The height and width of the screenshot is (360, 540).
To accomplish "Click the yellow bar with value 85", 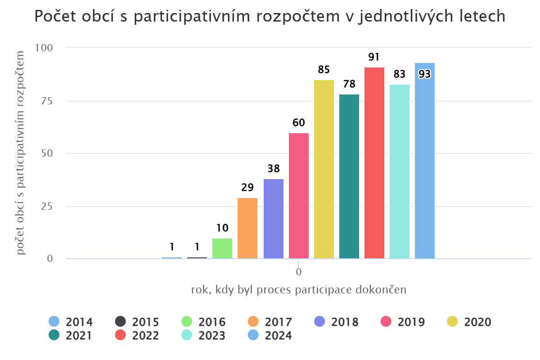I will [x=324, y=169].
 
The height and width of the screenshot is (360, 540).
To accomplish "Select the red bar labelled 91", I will [x=374, y=163].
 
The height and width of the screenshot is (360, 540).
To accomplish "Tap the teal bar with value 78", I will [x=349, y=176].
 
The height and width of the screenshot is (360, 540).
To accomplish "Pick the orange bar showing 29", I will [x=247, y=228].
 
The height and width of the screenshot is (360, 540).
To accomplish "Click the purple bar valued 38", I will [x=274, y=219].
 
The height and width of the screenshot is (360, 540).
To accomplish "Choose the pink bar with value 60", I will [x=299, y=196].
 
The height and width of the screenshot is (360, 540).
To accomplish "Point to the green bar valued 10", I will [x=222, y=248].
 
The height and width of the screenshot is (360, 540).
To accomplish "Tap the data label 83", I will [x=399, y=74].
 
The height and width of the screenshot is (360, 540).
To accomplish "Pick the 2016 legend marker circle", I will [x=187, y=322].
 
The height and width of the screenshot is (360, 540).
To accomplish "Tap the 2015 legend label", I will [x=145, y=322].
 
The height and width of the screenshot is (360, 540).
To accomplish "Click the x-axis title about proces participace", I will [x=299, y=290].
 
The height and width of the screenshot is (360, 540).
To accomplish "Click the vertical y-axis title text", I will [x=21, y=153].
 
